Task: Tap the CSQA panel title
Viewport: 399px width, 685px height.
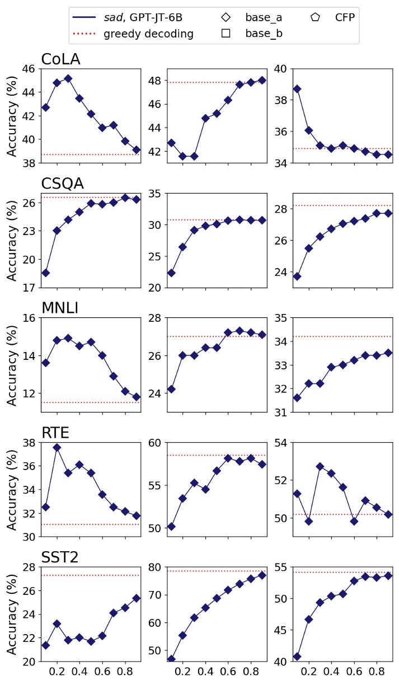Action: tap(62, 184)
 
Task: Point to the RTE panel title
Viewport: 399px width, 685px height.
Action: tap(55, 433)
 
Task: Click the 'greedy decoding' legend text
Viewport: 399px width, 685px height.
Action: tap(148, 34)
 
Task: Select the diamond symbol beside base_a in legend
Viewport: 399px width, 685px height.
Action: tap(226, 17)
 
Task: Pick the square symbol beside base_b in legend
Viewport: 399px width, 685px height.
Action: tap(226, 34)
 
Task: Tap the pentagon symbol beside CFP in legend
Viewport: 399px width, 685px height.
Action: tap(316, 17)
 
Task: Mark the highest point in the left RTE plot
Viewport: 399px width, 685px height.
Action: tap(57, 448)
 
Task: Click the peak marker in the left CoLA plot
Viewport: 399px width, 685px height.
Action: tap(68, 78)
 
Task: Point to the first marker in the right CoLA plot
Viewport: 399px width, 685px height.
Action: tap(297, 89)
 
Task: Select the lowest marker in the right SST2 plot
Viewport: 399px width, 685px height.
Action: tap(297, 656)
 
